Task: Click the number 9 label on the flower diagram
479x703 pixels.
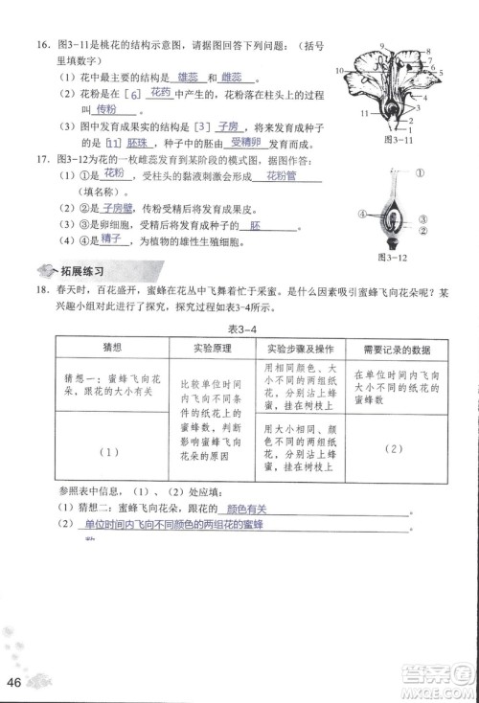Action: point(382,47)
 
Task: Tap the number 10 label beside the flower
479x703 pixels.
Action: point(340,70)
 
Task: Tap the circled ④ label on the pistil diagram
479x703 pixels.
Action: point(363,213)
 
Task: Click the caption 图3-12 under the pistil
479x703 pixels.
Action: point(393,258)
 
